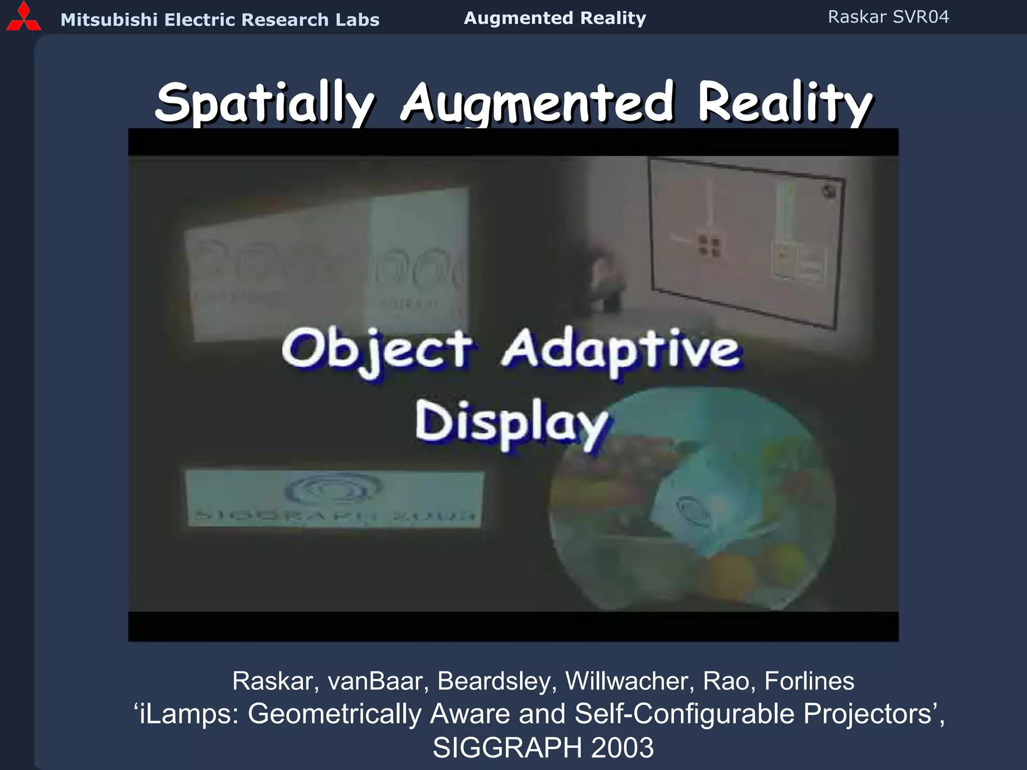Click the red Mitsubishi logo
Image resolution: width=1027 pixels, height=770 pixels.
[x=23, y=18]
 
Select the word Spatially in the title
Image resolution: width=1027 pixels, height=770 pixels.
[x=264, y=103]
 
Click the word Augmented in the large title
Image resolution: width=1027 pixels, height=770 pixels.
[x=537, y=103]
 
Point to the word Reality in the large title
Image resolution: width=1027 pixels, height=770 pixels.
[x=785, y=103]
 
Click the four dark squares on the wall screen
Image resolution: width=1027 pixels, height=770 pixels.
[x=709, y=246]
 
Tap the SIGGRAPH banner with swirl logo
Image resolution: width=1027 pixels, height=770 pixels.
[x=334, y=498]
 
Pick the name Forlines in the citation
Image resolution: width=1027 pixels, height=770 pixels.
[x=809, y=681]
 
